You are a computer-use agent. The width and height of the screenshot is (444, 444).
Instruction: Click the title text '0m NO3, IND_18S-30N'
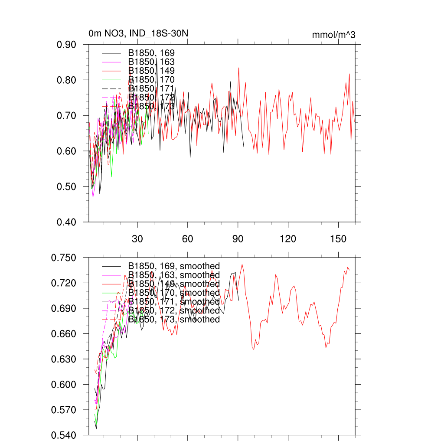coord(138,34)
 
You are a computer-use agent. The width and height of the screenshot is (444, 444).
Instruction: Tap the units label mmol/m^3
coord(333,35)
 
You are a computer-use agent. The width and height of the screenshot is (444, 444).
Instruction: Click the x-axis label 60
coord(188,239)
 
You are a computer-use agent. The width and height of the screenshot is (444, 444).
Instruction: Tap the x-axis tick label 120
coord(288,239)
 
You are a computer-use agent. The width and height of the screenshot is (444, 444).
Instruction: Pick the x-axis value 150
coord(338,239)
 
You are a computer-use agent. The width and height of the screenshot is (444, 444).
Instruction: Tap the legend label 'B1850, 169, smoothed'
coord(174,266)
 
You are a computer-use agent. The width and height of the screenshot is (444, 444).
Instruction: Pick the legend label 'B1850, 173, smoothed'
coord(174,320)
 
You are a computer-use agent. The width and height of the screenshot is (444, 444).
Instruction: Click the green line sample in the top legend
coord(111,80)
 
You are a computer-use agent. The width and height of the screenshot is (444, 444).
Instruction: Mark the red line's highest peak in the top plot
coord(238,68)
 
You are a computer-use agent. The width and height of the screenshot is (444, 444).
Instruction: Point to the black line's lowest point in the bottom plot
coord(96,429)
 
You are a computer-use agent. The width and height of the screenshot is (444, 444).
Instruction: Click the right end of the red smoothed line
coord(349,270)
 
